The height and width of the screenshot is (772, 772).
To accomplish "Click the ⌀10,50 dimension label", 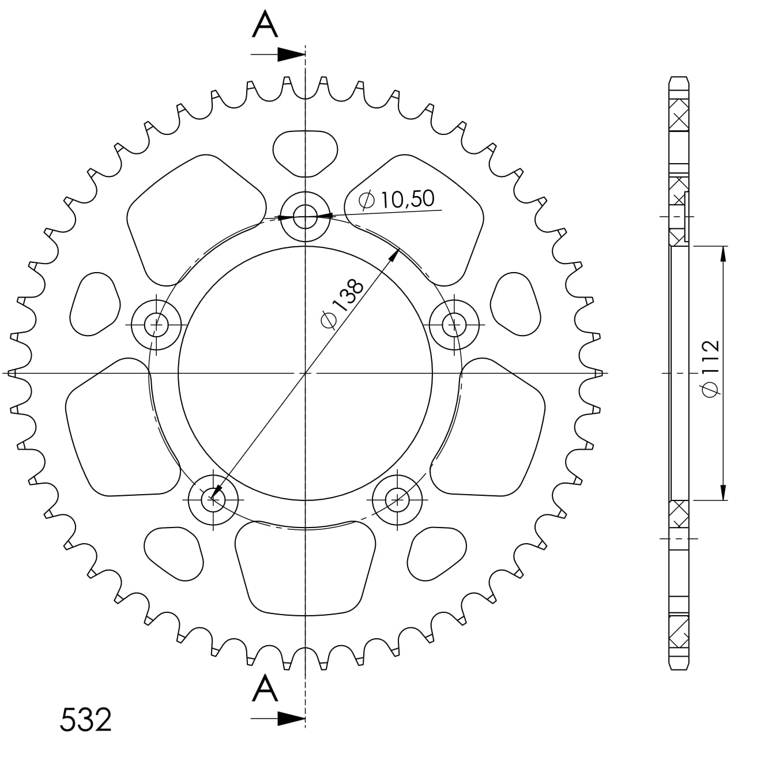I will click(x=396, y=199).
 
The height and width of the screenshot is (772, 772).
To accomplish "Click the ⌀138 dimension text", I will click(x=342, y=304).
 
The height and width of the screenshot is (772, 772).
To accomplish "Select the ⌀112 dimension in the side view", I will click(x=710, y=369).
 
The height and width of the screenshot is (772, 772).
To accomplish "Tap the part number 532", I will click(x=85, y=720).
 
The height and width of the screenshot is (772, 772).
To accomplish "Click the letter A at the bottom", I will click(x=265, y=689).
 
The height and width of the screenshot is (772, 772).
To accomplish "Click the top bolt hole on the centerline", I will click(x=305, y=217).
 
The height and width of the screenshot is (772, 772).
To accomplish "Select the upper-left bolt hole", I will click(x=156, y=325).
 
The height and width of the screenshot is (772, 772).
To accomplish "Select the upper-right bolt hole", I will click(x=455, y=325).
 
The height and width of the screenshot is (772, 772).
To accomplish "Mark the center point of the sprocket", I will click(x=305, y=374).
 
